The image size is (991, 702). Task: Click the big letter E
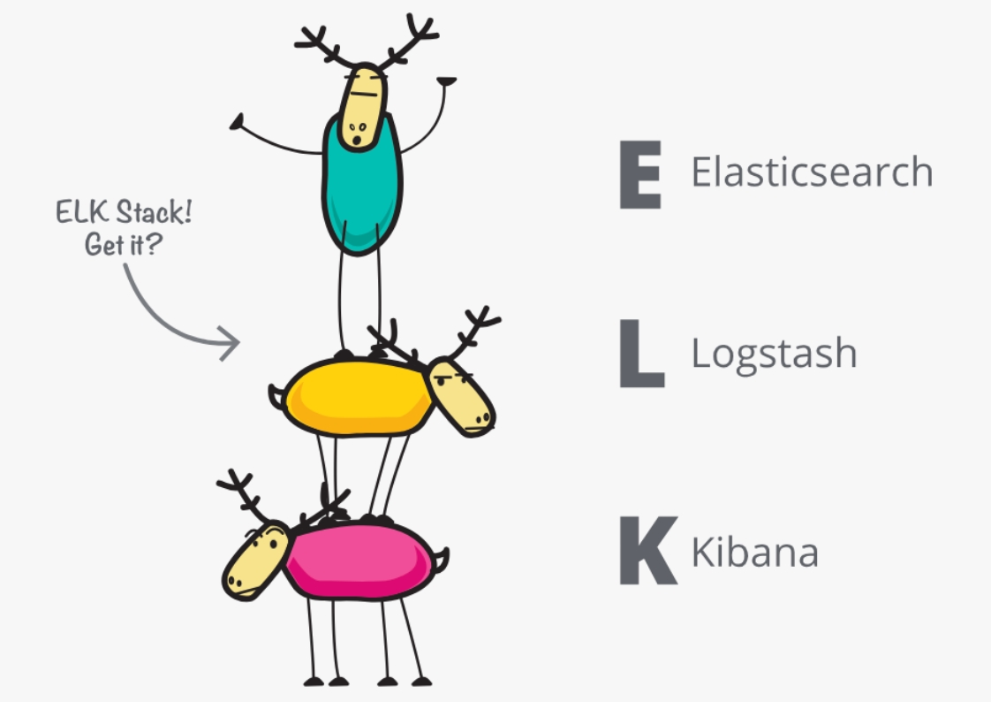(x=640, y=174)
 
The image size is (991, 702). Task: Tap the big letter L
(x=641, y=353)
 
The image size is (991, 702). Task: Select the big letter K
(x=648, y=550)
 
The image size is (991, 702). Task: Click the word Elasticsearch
(x=812, y=172)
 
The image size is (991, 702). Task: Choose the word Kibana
(x=755, y=551)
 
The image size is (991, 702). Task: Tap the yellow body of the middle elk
(x=358, y=397)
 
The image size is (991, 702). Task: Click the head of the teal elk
(x=363, y=108)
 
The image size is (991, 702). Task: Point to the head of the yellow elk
(x=461, y=397)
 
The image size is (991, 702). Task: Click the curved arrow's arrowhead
(x=230, y=343)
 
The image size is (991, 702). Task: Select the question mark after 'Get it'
(x=154, y=243)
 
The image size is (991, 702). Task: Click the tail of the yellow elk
(x=276, y=397)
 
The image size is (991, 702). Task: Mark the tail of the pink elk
(x=442, y=560)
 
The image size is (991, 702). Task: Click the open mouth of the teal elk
(x=357, y=140)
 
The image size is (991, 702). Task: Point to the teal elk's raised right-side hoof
(x=447, y=81)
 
